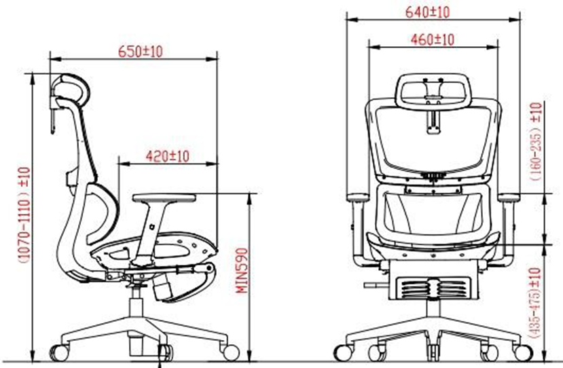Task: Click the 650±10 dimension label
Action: [x=141, y=52]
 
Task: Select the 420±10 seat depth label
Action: [x=167, y=157]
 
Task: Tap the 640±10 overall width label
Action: [x=427, y=12]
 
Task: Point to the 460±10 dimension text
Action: [x=433, y=39]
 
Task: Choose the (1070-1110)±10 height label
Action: [x=24, y=215]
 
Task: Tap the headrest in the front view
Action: [x=433, y=92]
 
